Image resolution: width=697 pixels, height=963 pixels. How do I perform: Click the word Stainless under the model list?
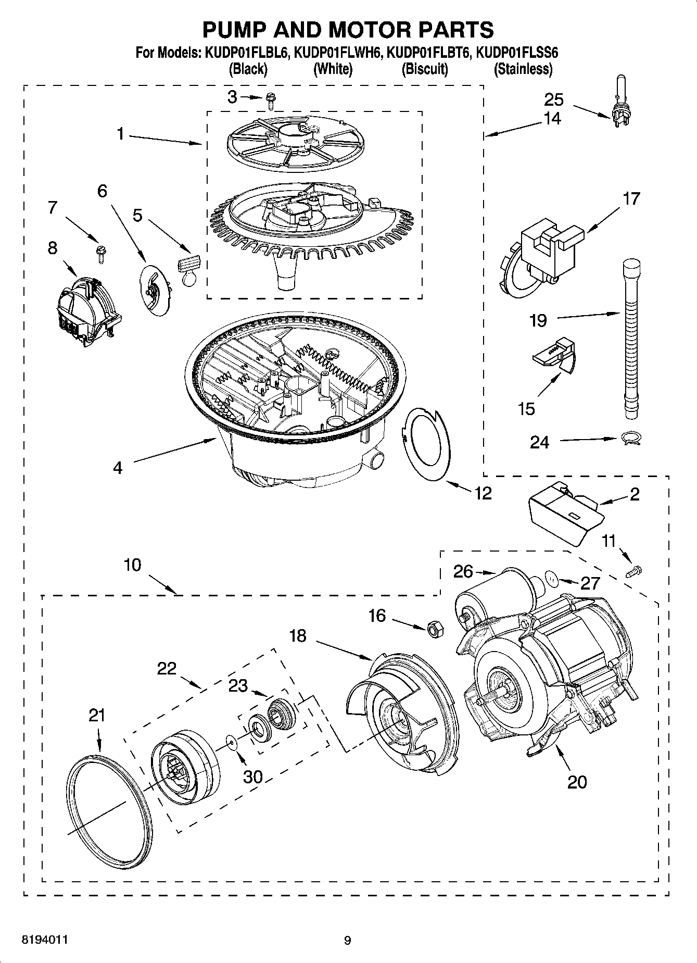523,69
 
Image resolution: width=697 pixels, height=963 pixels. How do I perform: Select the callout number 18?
298,636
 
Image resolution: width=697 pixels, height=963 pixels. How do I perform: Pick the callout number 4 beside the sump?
118,468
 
